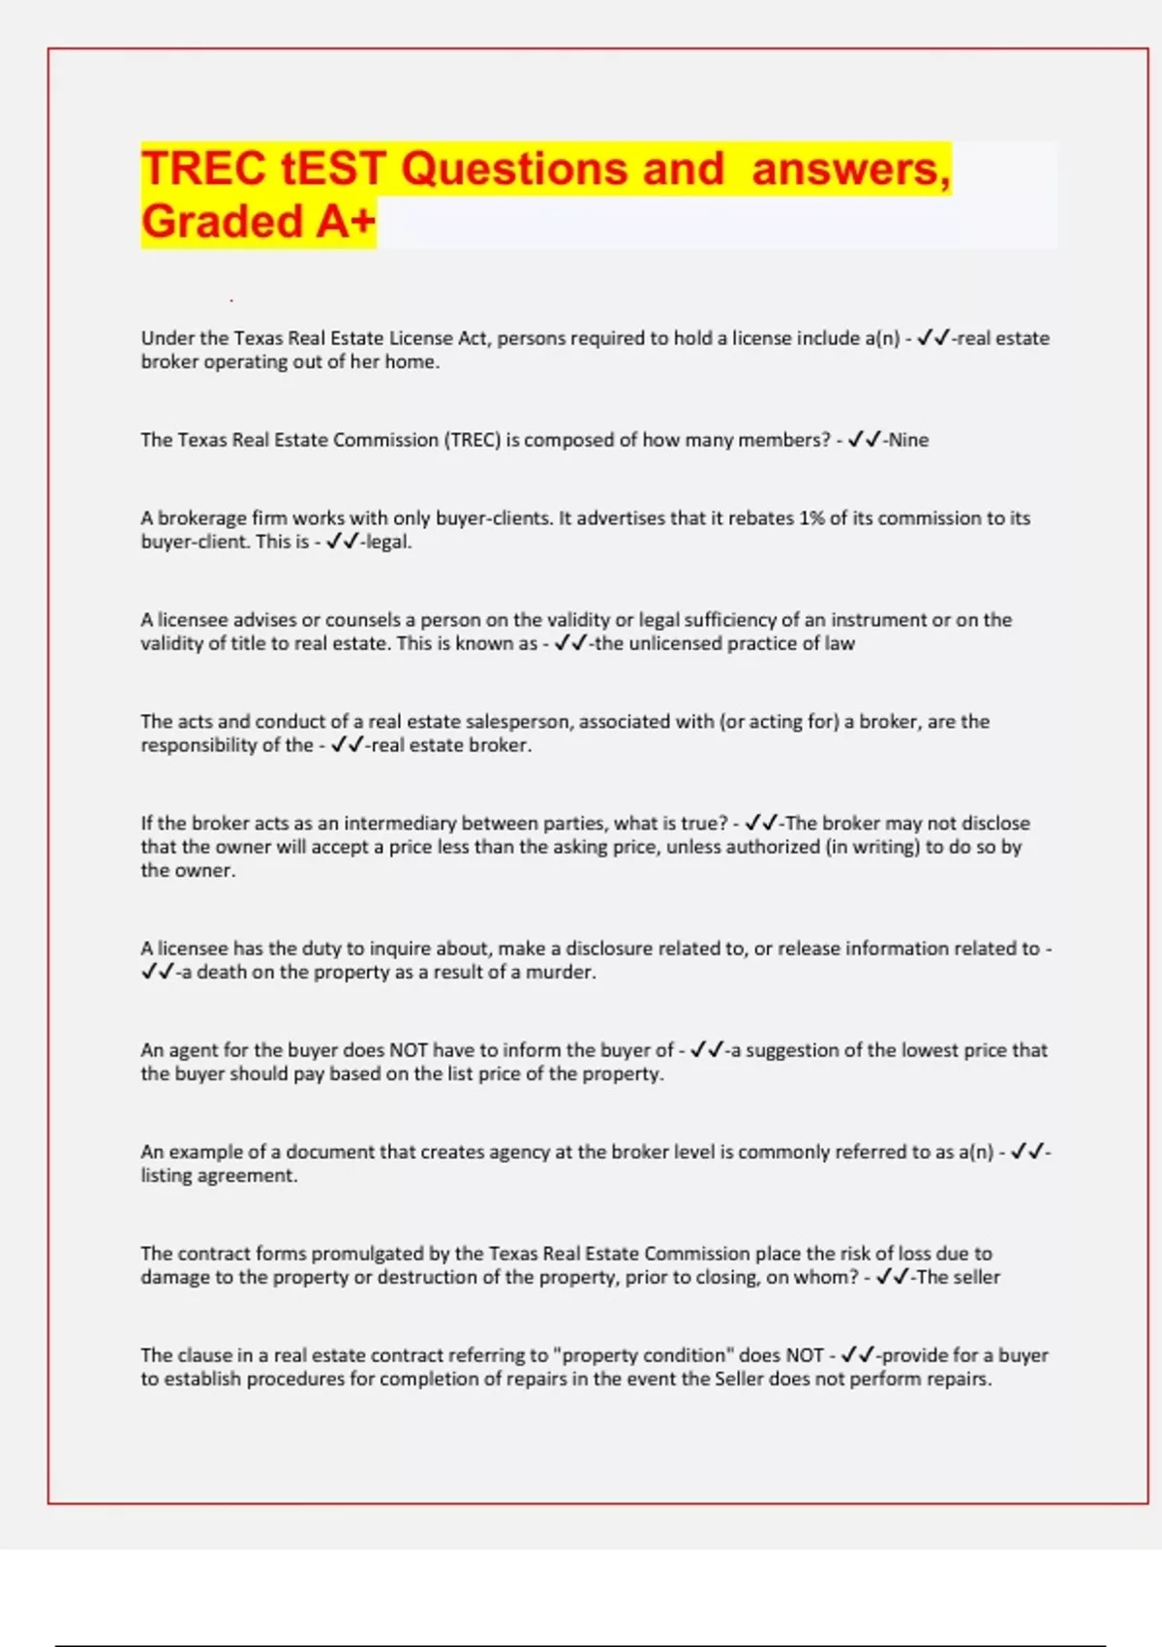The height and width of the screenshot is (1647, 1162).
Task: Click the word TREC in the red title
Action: [x=203, y=169]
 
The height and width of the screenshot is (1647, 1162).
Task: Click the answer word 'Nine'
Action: [x=908, y=440]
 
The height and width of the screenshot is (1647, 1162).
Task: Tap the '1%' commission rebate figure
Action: [x=810, y=518]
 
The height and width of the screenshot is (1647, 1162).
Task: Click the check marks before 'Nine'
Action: [x=864, y=440]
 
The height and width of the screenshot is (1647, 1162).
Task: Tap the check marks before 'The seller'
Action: [x=892, y=1277]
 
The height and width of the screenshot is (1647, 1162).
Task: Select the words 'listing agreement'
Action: [x=219, y=1175]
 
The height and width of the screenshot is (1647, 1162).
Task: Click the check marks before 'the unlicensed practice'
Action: [x=569, y=643]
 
